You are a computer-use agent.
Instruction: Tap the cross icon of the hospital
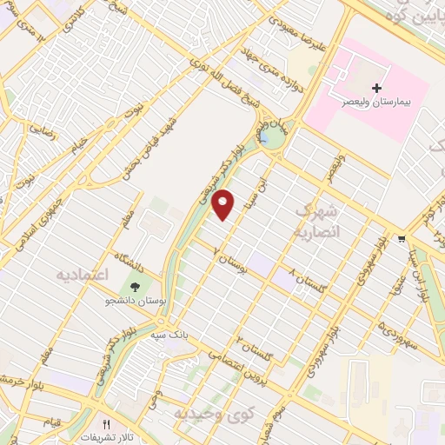click(x=376, y=88)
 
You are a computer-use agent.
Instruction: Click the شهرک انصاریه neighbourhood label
click(x=315, y=222)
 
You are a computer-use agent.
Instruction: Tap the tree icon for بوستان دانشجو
click(x=135, y=287)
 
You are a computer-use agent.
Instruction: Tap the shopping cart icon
click(x=401, y=238)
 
